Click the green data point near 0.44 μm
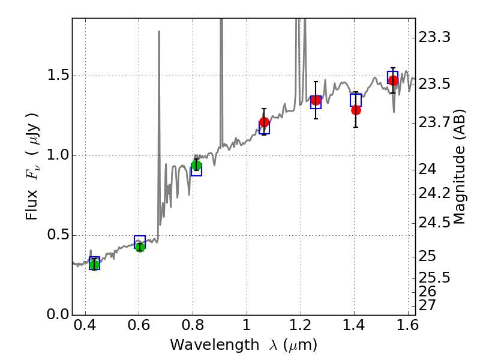[94, 265]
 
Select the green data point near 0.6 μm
[140, 247]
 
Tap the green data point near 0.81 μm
[196, 166]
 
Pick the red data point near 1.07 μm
[264, 122]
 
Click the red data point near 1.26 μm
[316, 100]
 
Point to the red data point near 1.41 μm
[356, 110]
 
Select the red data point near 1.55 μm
[393, 80]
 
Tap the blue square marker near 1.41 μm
[356, 100]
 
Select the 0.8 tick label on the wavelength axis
[193, 328]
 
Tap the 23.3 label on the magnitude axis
[434, 38]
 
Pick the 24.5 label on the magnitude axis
[434, 223]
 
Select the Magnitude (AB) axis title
[460, 166]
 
